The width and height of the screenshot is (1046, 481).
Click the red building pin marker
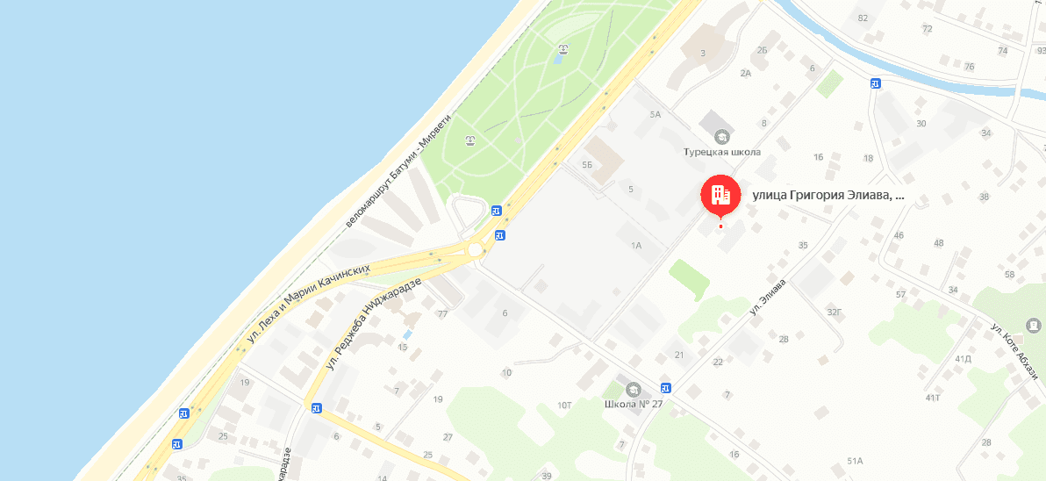pos(720,195)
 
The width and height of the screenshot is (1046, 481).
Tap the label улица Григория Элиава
pos(827,196)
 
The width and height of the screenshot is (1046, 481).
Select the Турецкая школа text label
pos(721,152)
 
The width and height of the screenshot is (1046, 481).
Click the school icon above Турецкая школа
pos(721,136)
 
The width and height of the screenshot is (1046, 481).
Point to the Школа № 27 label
pos(634,405)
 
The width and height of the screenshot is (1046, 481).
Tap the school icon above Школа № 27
pos(633,389)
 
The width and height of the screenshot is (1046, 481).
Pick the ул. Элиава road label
pos(766,297)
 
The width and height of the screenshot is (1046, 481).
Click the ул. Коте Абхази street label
pos(1014,352)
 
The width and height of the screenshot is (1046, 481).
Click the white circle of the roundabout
pos(476,249)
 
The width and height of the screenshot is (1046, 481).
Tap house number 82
pos(863,18)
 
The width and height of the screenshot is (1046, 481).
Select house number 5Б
pos(588,165)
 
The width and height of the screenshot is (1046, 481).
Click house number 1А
pos(636,246)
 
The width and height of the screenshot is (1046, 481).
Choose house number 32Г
pos(835,311)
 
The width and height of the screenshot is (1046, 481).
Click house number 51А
pos(856,461)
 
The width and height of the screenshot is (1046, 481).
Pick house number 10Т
pos(564,405)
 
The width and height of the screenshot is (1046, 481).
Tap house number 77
pos(442,313)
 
